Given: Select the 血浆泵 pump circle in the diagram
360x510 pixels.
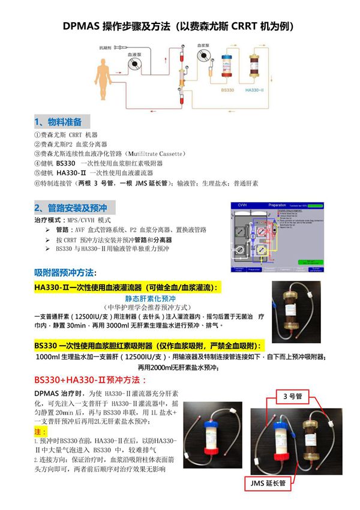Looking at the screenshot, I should point(205,56).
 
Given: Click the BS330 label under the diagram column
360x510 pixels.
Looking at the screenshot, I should point(227,89).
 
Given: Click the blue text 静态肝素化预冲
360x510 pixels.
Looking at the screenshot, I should point(149,298).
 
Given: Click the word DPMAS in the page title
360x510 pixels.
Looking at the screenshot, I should point(82,27).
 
